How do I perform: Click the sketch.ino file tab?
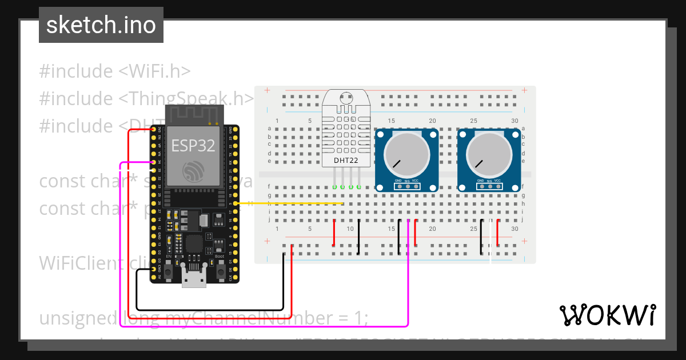(101, 25)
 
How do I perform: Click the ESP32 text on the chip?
(193, 145)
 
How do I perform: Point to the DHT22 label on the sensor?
(346, 161)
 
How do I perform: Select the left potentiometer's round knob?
(406, 154)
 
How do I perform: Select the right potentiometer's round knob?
(489, 154)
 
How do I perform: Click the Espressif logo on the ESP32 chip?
(193, 172)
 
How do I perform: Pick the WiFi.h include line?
(114, 71)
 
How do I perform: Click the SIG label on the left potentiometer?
(407, 181)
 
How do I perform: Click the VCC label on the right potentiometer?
(497, 181)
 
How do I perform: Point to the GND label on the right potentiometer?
(480, 181)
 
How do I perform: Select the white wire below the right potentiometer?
(490, 251)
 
